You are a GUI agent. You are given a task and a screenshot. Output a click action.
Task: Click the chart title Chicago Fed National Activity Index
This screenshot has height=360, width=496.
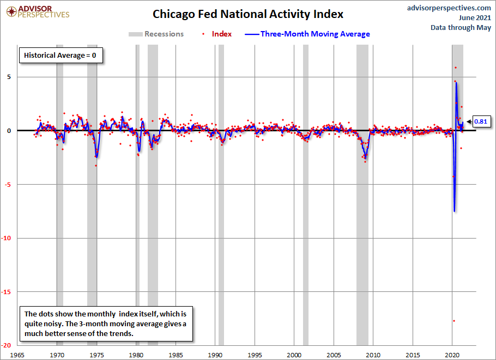248,14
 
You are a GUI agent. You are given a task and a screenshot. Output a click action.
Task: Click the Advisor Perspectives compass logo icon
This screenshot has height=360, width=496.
11,12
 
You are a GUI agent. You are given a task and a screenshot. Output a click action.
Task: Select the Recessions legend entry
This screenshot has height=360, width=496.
156,34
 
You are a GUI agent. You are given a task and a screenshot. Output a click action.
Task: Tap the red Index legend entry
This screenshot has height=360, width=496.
217,34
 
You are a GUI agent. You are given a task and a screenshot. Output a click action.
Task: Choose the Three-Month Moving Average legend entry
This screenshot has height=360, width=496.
307,34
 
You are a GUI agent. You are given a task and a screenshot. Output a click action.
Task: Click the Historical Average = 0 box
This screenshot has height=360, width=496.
61,56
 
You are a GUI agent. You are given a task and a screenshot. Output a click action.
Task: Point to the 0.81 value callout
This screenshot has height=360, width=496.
481,121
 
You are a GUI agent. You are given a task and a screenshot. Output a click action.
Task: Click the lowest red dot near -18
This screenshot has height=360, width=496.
454,321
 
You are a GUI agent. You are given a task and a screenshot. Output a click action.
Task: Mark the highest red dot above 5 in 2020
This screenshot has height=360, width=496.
456,68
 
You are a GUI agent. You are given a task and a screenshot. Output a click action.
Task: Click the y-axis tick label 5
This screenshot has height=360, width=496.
9,77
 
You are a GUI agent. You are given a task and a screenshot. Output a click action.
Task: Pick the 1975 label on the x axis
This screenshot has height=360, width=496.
96,355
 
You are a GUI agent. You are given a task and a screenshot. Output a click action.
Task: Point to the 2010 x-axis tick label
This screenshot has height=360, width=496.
373,355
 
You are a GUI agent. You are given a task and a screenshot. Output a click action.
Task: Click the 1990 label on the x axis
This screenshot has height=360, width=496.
215,355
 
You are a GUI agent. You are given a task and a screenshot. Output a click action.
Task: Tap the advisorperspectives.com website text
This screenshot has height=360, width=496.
449,8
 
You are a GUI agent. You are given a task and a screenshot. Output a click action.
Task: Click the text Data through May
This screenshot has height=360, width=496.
461,27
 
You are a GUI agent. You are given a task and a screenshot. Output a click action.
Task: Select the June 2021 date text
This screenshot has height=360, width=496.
475,17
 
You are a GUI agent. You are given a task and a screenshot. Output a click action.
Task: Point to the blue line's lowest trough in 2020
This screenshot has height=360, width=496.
454,211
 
